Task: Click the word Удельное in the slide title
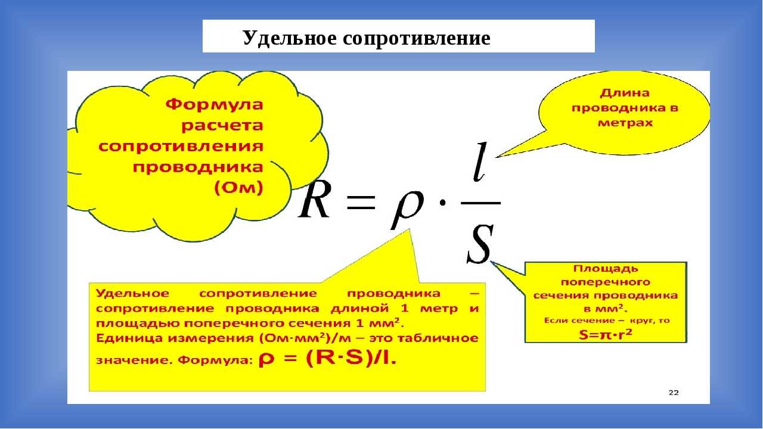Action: (x=290, y=39)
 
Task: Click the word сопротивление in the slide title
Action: (x=417, y=39)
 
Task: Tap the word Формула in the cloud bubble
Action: (x=215, y=104)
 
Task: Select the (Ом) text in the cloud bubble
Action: (x=239, y=188)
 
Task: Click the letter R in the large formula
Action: (x=314, y=202)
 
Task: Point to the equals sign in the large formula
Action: (x=361, y=203)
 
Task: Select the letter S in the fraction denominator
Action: (x=480, y=244)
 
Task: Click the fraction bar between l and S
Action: (x=480, y=203)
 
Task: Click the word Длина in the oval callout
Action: (x=625, y=92)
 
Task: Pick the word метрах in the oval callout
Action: (x=625, y=123)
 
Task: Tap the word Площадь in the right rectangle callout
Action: (x=606, y=269)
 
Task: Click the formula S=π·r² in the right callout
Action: (x=606, y=335)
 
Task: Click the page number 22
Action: (x=674, y=393)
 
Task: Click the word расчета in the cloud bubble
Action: (x=222, y=126)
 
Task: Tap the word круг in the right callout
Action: (x=643, y=321)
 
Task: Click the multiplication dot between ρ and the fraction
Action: (x=442, y=203)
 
